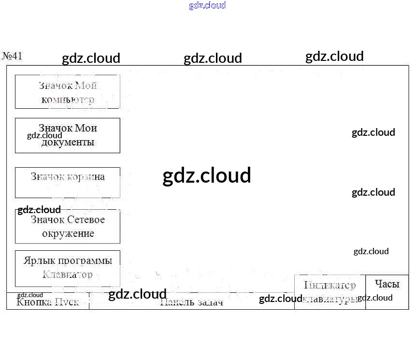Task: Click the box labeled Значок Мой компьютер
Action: (67, 92)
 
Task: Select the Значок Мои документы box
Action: (67, 135)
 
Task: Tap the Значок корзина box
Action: (67, 182)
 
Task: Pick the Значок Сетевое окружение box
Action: (67, 226)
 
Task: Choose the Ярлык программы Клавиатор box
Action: (67, 268)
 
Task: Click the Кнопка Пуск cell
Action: (47, 302)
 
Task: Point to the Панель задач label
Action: (191, 302)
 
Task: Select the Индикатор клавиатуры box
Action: (329, 292)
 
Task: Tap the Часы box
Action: (387, 284)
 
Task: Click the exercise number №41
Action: (13, 56)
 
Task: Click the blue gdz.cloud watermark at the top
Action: (207, 5)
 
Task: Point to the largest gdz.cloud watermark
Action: (207, 175)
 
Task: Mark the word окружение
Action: (68, 233)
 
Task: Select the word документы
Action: (68, 142)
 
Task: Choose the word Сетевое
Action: (86, 220)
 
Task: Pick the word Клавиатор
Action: (68, 275)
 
